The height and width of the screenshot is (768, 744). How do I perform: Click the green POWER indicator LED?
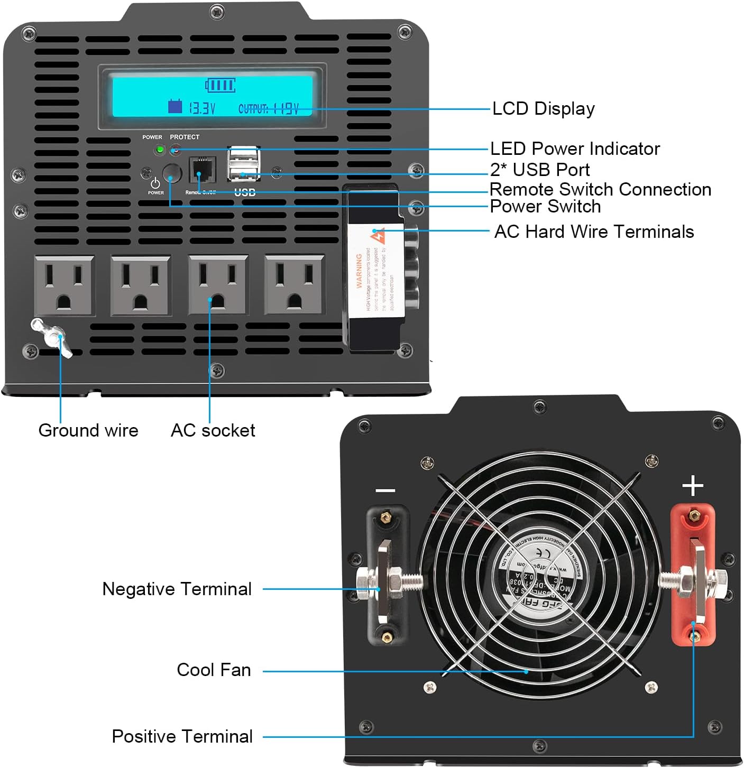[x=159, y=150]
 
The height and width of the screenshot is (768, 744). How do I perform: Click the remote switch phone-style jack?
[x=203, y=169]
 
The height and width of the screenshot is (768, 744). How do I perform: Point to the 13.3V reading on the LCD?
[x=202, y=108]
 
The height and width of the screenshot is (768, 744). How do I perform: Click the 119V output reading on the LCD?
[x=286, y=109]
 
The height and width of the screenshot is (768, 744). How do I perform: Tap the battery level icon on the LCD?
[x=221, y=85]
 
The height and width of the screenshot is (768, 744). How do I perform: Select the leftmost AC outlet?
[x=64, y=285]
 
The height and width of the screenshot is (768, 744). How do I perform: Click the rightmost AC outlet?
[x=295, y=285]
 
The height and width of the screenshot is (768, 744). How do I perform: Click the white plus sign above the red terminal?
[x=693, y=485]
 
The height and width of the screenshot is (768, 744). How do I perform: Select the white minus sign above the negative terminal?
[x=385, y=491]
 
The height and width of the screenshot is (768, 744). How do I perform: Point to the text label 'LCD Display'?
[x=543, y=108]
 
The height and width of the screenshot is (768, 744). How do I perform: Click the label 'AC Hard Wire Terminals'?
[x=593, y=232]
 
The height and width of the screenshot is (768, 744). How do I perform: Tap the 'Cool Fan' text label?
[x=214, y=670]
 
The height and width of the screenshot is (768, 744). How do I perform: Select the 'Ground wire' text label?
[x=88, y=430]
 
